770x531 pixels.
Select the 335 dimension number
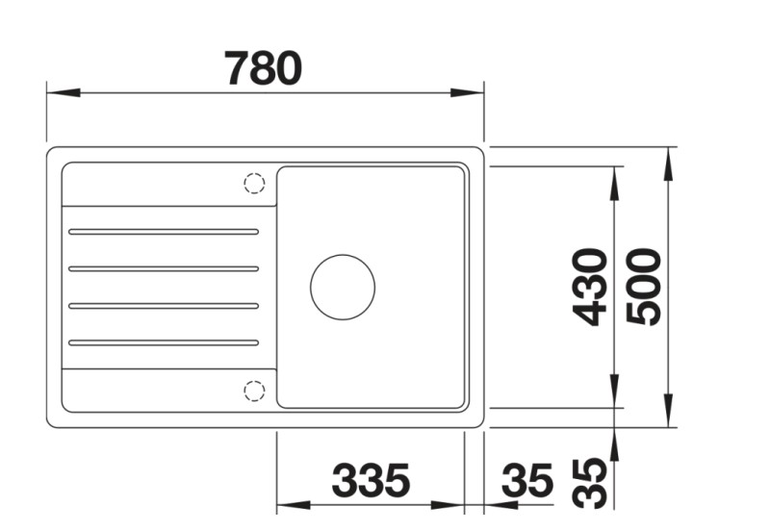point(371,480)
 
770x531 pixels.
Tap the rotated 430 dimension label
point(587,287)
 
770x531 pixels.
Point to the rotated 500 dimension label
point(642,287)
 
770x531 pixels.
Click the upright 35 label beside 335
point(528,480)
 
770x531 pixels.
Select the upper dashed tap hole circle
point(254,183)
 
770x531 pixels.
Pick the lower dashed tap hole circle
point(254,390)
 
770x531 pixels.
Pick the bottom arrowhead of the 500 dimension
point(668,413)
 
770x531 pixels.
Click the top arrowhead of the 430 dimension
point(614,179)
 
